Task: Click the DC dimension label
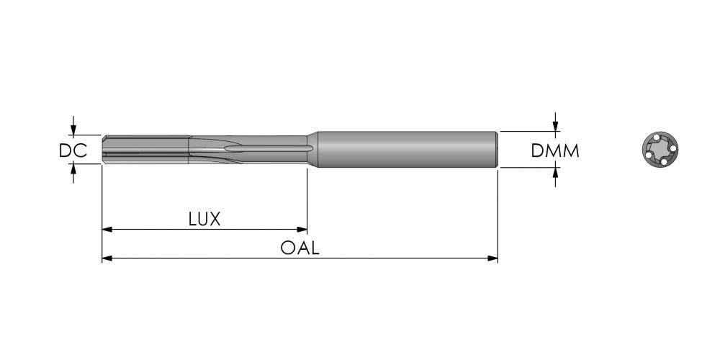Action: (x=73, y=150)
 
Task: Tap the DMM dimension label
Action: (x=555, y=150)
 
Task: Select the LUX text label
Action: (x=204, y=219)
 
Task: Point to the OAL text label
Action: (x=300, y=248)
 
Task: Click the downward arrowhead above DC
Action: (x=73, y=130)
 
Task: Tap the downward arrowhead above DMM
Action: (x=555, y=126)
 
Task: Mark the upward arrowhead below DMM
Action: (x=555, y=173)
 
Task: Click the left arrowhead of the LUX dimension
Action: (x=107, y=229)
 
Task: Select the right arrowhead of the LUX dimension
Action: (x=302, y=229)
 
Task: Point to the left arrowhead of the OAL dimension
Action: (x=107, y=258)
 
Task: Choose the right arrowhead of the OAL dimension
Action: (x=492, y=258)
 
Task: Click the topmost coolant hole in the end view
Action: (x=657, y=138)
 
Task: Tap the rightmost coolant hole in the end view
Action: (x=672, y=148)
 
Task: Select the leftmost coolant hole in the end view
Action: (x=649, y=156)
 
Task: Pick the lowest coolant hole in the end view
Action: (x=664, y=162)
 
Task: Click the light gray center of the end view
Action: (x=660, y=150)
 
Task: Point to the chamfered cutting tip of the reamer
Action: (x=104, y=150)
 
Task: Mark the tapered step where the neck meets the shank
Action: (x=312, y=149)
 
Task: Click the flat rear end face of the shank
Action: (x=496, y=149)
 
